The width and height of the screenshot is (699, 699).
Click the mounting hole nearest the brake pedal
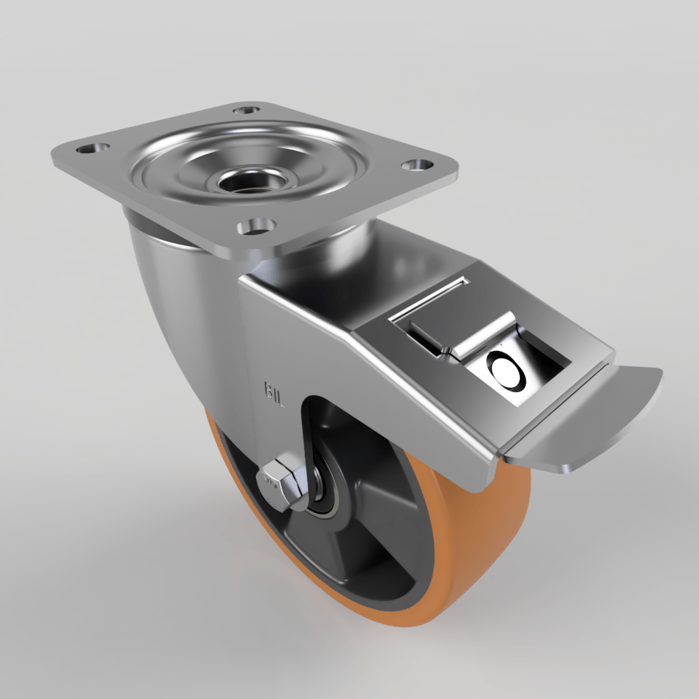pyautogui.click(x=417, y=165)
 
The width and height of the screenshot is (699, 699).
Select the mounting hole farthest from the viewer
pyautogui.click(x=245, y=110)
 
